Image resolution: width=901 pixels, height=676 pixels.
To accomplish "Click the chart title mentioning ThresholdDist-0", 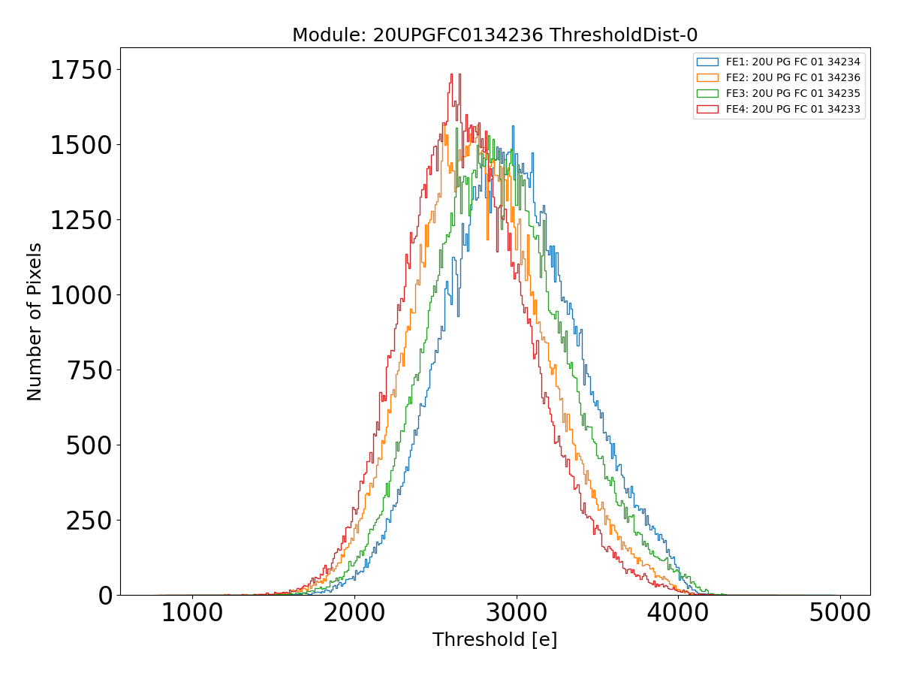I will [x=495, y=35].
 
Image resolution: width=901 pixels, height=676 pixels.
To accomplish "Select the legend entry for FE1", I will [x=793, y=62].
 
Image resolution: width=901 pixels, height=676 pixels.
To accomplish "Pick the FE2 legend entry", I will [x=793, y=77].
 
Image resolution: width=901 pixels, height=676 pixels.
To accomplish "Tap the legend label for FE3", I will [x=793, y=93].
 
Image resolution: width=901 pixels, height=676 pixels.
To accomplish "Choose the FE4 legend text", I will [x=793, y=109].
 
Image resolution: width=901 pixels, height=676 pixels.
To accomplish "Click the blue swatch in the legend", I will [x=707, y=62].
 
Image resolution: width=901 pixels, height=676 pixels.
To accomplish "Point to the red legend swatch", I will [x=707, y=109].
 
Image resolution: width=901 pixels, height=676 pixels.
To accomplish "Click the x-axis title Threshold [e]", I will [x=495, y=640].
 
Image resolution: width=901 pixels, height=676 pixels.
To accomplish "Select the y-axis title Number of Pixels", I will [x=35, y=321].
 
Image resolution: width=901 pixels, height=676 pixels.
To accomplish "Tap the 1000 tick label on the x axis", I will [x=192, y=614].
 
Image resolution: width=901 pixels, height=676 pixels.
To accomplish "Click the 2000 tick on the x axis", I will [x=354, y=614].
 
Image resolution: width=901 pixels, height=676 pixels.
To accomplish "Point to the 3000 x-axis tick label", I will [x=517, y=614].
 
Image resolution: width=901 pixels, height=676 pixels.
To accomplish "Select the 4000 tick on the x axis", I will [x=679, y=614].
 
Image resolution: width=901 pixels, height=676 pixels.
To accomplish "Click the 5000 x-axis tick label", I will [x=840, y=614].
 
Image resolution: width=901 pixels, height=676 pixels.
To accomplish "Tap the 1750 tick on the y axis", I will [x=80, y=70].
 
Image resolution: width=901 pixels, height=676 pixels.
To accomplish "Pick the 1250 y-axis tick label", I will [x=80, y=220].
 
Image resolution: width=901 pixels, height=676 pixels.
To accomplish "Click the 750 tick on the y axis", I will [x=89, y=370].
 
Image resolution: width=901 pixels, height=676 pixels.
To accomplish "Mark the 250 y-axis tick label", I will [x=89, y=521].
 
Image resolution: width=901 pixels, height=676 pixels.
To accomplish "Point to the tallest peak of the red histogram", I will [x=451, y=74].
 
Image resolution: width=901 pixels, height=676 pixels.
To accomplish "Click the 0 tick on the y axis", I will [x=104, y=595].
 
